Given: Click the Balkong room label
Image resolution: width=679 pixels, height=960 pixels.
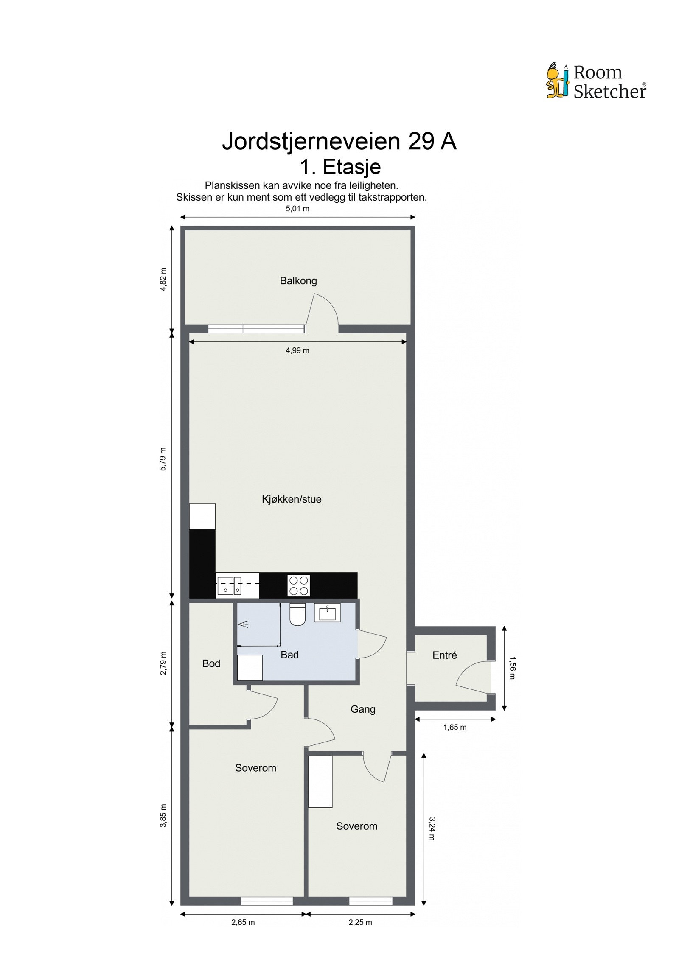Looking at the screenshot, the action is coord(298,281).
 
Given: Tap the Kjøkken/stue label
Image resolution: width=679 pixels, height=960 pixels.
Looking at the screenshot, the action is coord(292,499).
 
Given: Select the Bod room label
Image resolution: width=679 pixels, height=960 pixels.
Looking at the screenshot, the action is coord(211,663).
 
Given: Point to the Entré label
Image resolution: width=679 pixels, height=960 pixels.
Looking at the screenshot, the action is coord(444,655).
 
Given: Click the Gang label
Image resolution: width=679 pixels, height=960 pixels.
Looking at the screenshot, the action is coord(363,709).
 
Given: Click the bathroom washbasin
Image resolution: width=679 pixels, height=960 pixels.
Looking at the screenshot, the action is coord(327,613).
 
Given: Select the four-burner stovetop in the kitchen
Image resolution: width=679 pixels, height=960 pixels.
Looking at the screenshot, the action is coord(299,585).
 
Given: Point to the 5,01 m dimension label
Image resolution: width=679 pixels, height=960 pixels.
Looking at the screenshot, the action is coord(297,209).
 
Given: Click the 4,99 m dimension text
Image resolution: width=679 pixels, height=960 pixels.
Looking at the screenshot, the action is coord(297,350).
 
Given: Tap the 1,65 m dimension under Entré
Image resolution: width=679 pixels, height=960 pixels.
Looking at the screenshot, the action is coord(455,728).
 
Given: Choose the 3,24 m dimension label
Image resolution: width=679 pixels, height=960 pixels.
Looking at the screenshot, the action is coord(432,829).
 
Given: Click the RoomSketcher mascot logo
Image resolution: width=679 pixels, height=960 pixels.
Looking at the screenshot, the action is coord(557,81).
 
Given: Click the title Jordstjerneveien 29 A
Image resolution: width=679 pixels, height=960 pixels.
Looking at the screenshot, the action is coord(339,141).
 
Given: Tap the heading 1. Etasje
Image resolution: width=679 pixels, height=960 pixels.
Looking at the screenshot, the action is coord(340,167).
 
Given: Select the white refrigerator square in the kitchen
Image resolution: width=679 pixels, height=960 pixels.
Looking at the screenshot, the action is coord(202,516).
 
